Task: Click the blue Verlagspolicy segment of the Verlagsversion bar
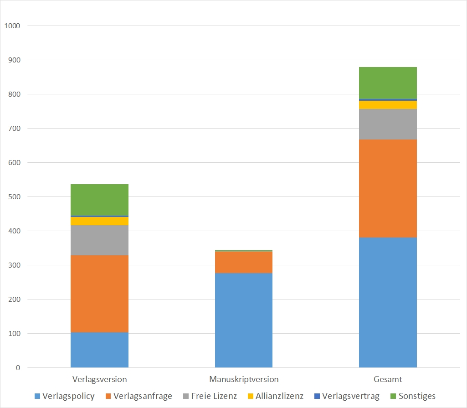click(99, 350)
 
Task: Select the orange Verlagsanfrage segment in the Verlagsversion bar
click(99, 294)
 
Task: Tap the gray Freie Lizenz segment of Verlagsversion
click(99, 240)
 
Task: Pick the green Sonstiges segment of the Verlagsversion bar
click(99, 200)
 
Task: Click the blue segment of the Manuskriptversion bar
click(244, 320)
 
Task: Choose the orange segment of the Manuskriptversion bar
click(244, 262)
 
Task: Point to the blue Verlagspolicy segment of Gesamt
click(388, 302)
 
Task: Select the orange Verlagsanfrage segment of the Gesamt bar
click(388, 188)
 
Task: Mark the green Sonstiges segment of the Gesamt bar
click(388, 83)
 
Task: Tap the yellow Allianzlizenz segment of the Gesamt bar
click(388, 105)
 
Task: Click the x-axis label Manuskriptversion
click(244, 379)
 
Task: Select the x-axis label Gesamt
click(388, 379)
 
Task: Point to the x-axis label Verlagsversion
click(99, 379)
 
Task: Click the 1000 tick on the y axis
click(12, 26)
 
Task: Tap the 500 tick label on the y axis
click(14, 197)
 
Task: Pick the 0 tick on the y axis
click(18, 368)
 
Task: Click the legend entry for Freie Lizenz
click(209, 396)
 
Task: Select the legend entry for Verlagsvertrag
click(346, 396)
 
